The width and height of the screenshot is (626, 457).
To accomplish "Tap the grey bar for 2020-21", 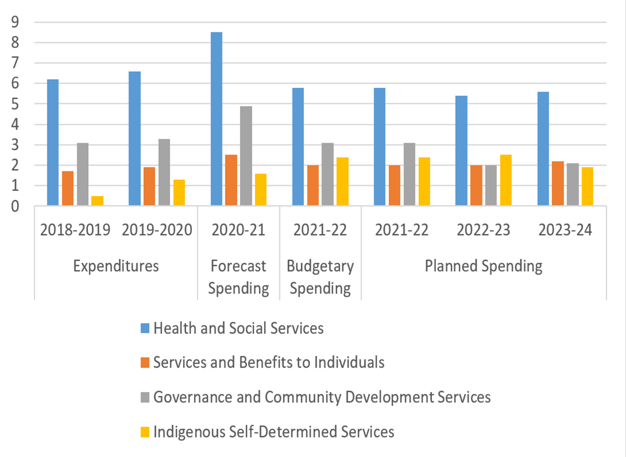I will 246,156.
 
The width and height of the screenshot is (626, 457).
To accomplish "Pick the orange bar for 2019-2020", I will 149,186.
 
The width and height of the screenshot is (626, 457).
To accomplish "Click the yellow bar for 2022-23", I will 505,180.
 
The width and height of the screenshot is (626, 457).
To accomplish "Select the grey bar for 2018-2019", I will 83,174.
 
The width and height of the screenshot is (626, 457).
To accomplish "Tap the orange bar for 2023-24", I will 558,183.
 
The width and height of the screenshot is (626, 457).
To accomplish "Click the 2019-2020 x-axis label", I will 157,230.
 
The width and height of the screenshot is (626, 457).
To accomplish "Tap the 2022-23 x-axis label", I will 484,230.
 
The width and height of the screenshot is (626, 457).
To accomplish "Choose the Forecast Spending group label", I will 238,277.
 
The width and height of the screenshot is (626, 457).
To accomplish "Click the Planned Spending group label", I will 484,266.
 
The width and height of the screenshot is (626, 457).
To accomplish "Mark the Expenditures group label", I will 116,266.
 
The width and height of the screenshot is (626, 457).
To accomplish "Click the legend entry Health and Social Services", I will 238,328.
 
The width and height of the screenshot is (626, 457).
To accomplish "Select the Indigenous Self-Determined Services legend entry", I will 274,432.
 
